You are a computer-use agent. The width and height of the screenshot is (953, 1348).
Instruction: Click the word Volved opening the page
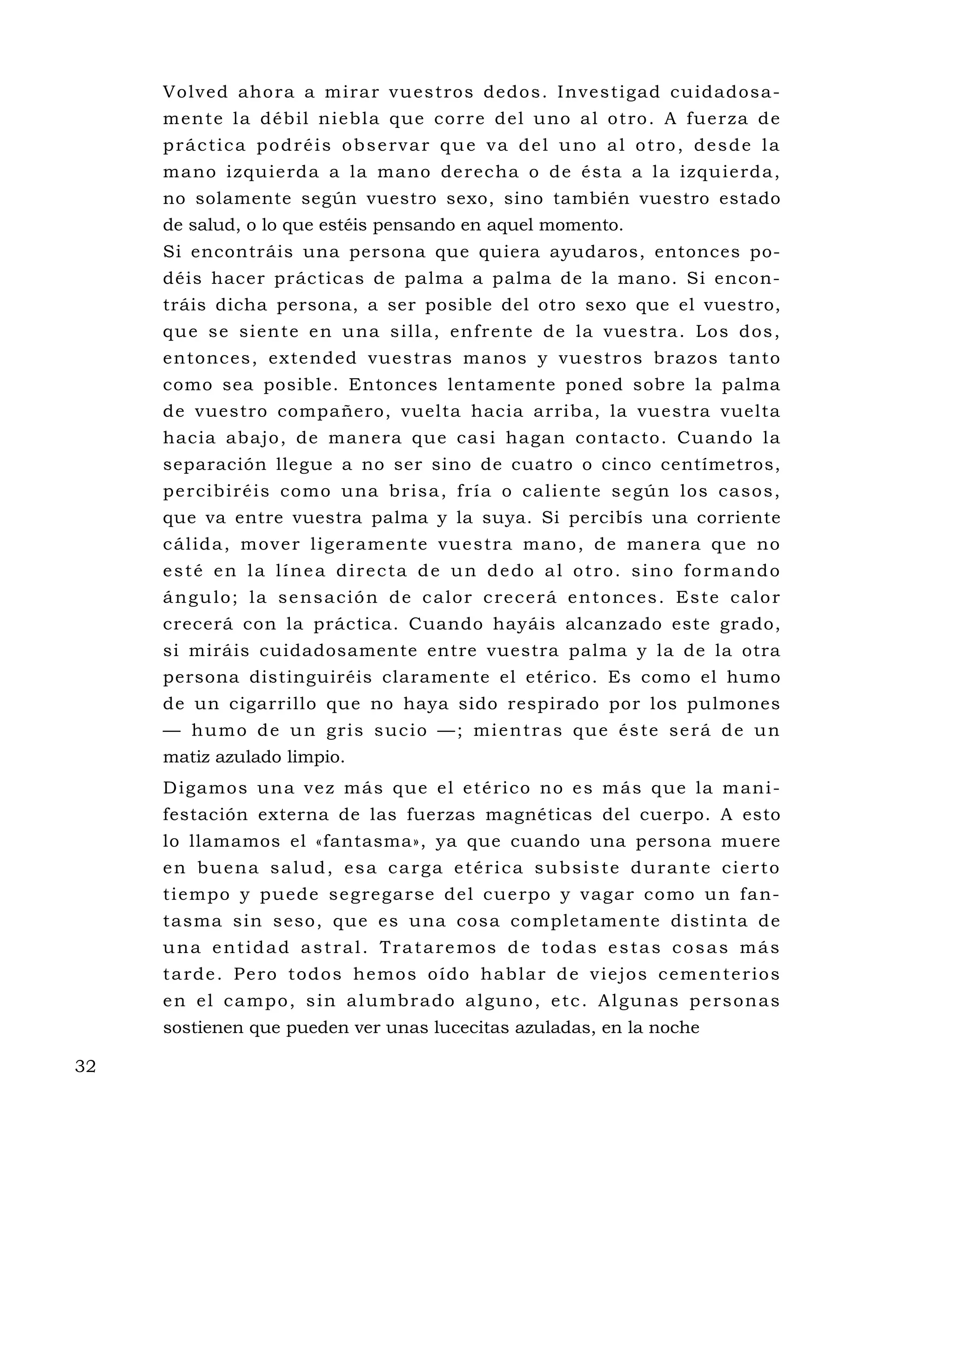(195, 92)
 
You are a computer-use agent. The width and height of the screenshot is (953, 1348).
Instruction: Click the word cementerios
(719, 974)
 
